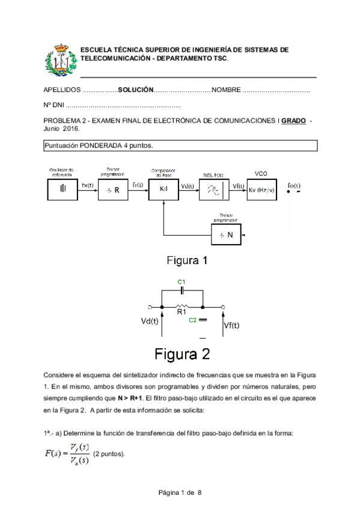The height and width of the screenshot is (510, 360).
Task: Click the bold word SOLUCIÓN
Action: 135,89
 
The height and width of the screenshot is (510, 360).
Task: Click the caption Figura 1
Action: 187,261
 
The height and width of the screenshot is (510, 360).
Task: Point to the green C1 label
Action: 182,281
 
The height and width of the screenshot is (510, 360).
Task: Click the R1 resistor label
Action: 182,312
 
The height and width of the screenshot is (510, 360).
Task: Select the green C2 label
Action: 192,320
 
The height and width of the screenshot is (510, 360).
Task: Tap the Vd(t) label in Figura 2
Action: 153,321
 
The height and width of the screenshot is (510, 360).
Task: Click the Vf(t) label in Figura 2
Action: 231,325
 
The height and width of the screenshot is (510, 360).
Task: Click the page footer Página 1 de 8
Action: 180,493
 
